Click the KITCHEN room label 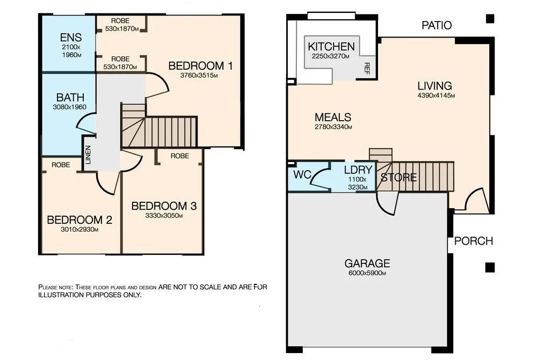[331, 47]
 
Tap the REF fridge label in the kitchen [367, 68]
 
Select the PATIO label [437, 25]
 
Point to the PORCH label [473, 241]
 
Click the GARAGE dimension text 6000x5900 [367, 273]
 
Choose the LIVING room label [435, 86]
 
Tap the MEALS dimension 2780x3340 [333, 127]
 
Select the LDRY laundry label [358, 170]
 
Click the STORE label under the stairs [398, 177]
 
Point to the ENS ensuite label [70, 38]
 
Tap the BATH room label [70, 98]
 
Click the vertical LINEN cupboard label [88, 155]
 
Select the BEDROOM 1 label [200, 66]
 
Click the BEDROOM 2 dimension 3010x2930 [79, 230]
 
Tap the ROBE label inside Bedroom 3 [179, 156]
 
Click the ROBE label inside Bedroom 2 [61, 165]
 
